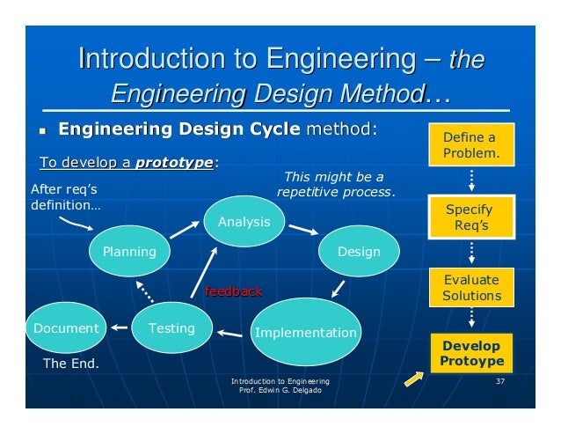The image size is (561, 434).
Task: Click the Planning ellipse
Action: pyautogui.click(x=129, y=251)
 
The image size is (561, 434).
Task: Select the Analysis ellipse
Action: pyautogui.click(x=244, y=222)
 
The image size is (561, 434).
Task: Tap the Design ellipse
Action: pyautogui.click(x=359, y=252)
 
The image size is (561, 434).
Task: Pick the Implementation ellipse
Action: pyautogui.click(x=305, y=333)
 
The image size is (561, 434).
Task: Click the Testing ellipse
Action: pyautogui.click(x=171, y=328)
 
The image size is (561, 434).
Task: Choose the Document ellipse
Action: pyautogui.click(x=66, y=328)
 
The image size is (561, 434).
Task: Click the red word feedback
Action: pyautogui.click(x=233, y=291)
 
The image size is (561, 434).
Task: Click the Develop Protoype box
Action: pyautogui.click(x=472, y=353)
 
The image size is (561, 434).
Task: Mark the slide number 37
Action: pyautogui.click(x=500, y=381)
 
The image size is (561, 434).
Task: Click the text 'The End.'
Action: pyautogui.click(x=71, y=362)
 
